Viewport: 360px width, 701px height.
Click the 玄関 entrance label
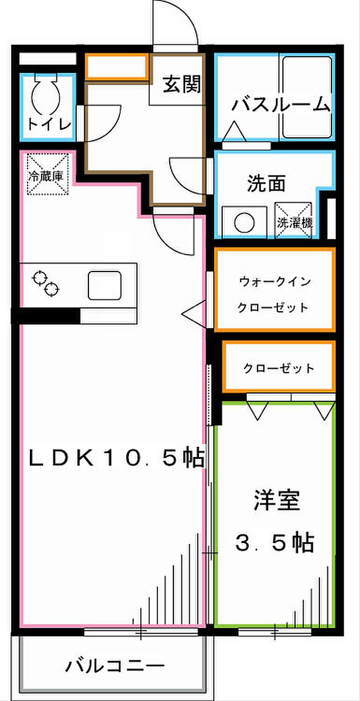pos(182,84)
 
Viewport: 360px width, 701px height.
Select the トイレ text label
pos(49,124)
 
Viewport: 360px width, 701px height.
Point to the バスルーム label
pos(281,104)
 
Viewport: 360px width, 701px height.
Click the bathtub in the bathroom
pos(307,97)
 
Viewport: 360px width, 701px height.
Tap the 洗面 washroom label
pos(266,184)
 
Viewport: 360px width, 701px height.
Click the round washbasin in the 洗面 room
pos(244,223)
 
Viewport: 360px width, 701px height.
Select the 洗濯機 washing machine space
pos(293,220)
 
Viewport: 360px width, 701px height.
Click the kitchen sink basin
pos(104,285)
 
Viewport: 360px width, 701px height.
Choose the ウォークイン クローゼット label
pos(274,295)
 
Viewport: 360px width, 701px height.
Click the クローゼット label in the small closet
pos(279,368)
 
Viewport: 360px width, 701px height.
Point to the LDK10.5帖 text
pos(116,458)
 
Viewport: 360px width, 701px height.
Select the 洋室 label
pos(277,500)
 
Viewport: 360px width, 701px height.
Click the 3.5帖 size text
pos(274,543)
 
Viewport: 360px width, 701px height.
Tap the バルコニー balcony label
pos(115,666)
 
